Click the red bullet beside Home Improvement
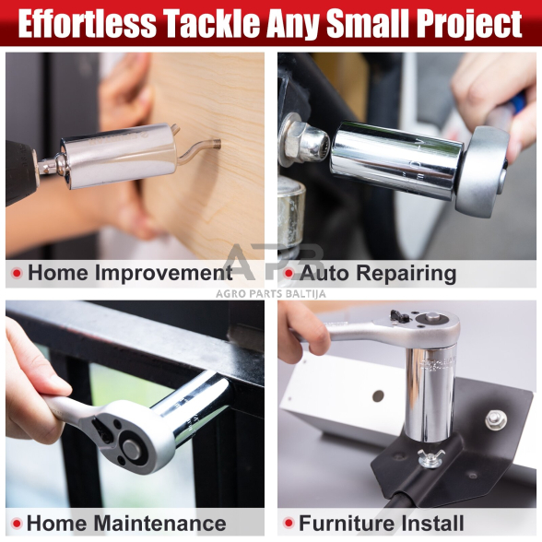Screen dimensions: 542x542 click(17, 274)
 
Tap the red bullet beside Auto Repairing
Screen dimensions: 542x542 click(288, 274)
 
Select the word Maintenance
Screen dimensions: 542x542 click(160, 523)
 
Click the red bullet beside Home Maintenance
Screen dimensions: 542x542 click(17, 524)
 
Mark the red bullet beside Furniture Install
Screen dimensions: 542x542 click(288, 524)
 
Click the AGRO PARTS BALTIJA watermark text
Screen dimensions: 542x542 click(271, 294)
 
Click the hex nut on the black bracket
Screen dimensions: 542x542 click(496, 419)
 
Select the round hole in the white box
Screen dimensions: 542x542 click(378, 396)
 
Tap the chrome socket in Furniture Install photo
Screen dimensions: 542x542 click(430, 395)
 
